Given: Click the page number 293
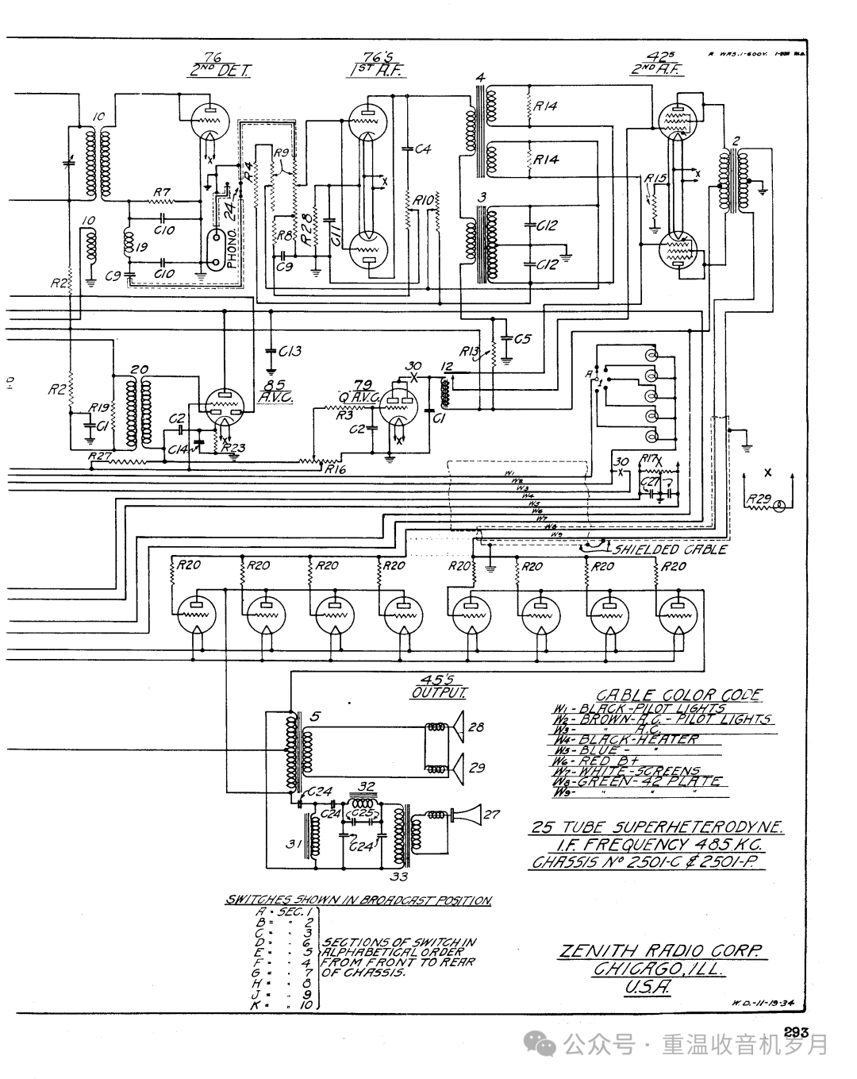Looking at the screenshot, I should [795, 1032].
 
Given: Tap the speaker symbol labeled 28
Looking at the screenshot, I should [457, 726].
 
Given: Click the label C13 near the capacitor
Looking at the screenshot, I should [290, 351].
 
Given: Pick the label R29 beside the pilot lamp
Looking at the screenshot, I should [757, 500].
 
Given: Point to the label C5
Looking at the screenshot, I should [521, 339].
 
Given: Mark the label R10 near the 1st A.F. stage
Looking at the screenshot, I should [421, 202].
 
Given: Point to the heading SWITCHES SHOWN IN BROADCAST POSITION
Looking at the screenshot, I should [359, 900].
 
